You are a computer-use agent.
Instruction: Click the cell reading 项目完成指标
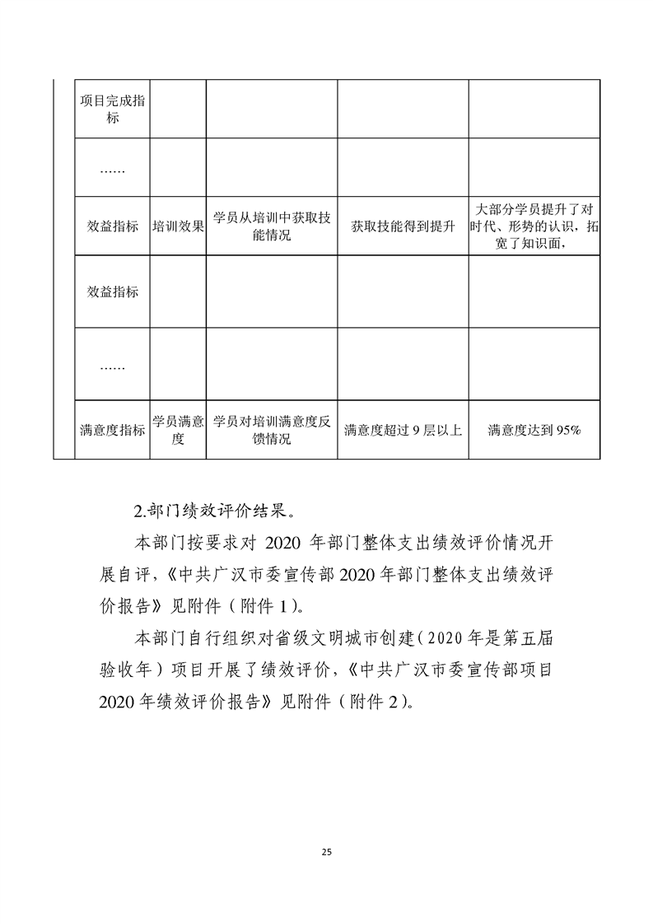[x=112, y=110]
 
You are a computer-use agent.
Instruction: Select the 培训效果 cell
[x=178, y=226]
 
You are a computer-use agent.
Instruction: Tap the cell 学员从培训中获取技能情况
[x=272, y=226]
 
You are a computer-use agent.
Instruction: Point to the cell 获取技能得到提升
[x=403, y=226]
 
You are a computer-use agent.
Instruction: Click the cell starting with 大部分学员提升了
[x=534, y=226]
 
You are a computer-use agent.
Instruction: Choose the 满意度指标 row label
[x=112, y=429]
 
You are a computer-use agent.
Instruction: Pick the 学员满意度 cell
[x=178, y=429]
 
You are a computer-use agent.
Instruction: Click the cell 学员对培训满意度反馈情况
[x=272, y=429]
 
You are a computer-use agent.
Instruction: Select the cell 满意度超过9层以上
[x=403, y=429]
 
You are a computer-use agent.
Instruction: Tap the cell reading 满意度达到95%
[x=534, y=429]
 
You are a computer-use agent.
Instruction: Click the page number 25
[x=327, y=851]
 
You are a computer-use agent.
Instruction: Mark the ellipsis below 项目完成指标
[x=112, y=170]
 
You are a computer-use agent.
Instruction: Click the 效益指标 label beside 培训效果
[x=112, y=226]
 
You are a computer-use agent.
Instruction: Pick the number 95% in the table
[x=568, y=429]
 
